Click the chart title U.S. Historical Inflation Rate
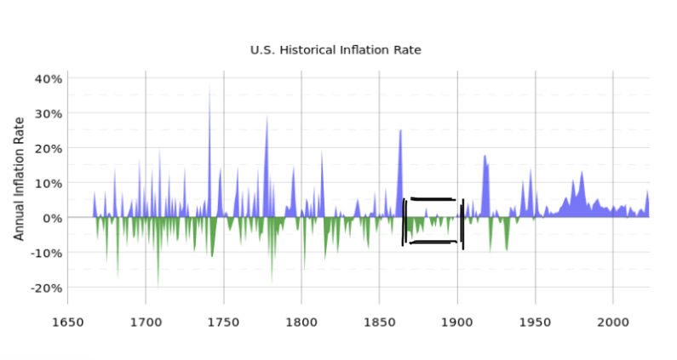point(336,50)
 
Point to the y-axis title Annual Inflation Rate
point(19,179)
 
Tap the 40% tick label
point(49,79)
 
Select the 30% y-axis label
point(49,114)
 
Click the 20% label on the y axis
point(49,149)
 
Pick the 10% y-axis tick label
point(49,184)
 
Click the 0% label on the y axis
point(52,218)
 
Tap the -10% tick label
point(46,253)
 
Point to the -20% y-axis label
point(46,288)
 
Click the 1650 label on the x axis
point(68,323)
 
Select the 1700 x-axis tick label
point(146,323)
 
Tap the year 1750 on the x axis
point(224,323)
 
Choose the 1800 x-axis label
point(301,323)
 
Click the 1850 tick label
point(380,323)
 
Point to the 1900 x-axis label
point(457,323)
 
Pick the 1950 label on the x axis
point(536,323)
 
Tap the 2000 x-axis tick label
point(613,323)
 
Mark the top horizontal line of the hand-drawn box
point(433,199)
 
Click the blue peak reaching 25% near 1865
point(400,131)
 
